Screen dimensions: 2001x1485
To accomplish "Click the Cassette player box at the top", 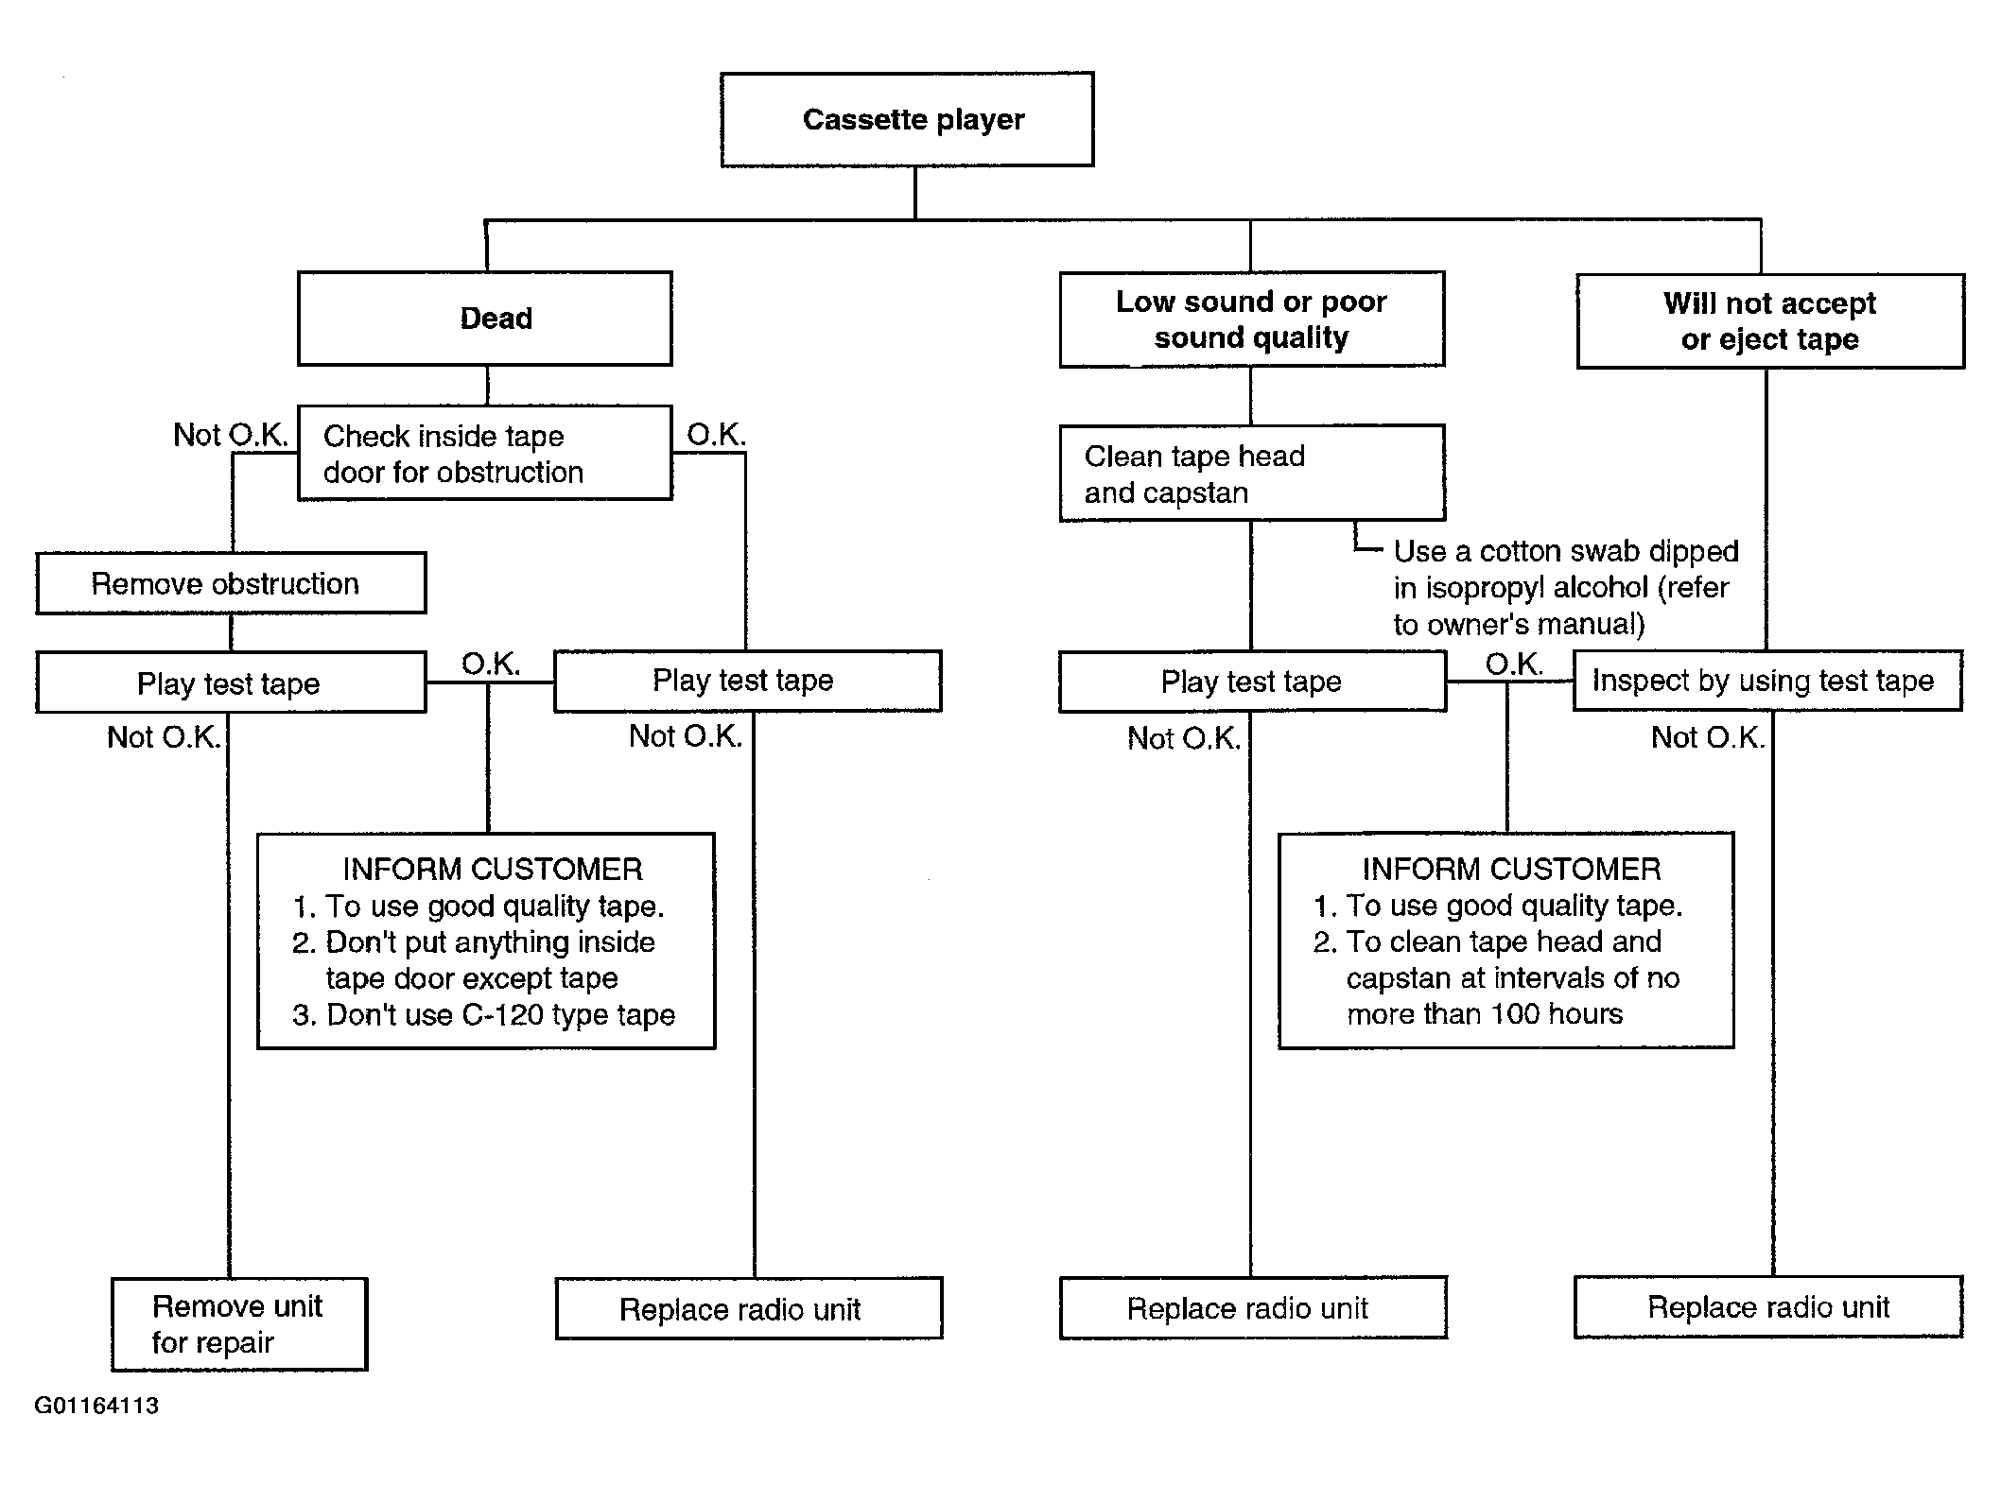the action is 907,119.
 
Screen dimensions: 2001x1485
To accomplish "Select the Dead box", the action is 485,319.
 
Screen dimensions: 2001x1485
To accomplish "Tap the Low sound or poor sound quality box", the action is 1252,319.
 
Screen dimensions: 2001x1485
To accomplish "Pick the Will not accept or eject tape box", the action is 1770,321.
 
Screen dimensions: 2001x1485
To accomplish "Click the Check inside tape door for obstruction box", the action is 485,453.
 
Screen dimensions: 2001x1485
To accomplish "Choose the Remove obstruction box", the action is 231,583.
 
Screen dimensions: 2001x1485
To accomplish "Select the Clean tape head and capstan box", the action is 1252,473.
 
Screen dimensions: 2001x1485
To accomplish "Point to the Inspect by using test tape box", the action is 1767,681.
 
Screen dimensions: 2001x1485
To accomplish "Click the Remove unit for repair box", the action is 239,1324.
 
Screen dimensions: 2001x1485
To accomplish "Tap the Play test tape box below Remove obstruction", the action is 231,682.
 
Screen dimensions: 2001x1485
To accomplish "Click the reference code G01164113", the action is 96,1406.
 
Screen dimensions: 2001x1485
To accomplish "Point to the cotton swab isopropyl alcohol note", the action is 1565,587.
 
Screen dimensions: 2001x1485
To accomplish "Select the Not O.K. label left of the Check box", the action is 230,435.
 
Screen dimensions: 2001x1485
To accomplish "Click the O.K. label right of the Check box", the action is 716,435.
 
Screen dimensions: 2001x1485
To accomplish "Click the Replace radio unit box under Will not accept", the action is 1768,1307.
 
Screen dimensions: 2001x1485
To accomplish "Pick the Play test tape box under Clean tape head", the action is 1252,681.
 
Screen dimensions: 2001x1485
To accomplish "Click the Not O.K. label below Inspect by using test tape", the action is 1708,737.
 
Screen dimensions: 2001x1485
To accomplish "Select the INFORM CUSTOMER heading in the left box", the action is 492,869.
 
